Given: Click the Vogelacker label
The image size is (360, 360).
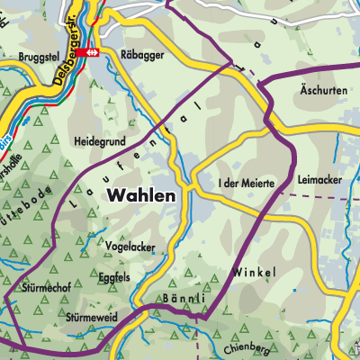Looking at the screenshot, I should point(130,243).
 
